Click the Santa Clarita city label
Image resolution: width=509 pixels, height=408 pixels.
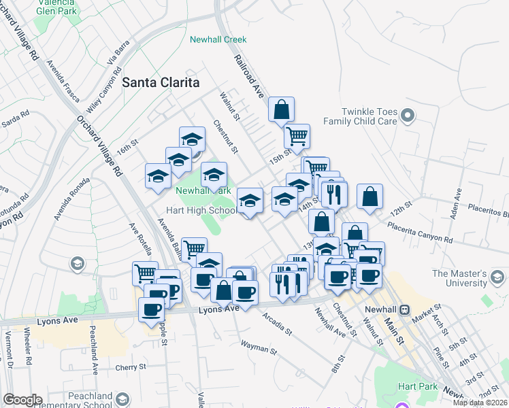point(161,82)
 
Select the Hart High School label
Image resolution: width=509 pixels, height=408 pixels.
point(203,210)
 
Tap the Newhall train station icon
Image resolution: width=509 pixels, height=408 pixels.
point(405,309)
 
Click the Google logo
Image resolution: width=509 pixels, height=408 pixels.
point(22,399)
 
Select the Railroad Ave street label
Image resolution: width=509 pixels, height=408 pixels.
point(249,78)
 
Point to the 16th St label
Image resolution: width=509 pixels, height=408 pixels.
point(127,147)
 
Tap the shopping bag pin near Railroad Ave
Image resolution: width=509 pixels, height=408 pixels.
point(281,109)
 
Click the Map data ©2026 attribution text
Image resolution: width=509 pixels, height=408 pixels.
point(480,403)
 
